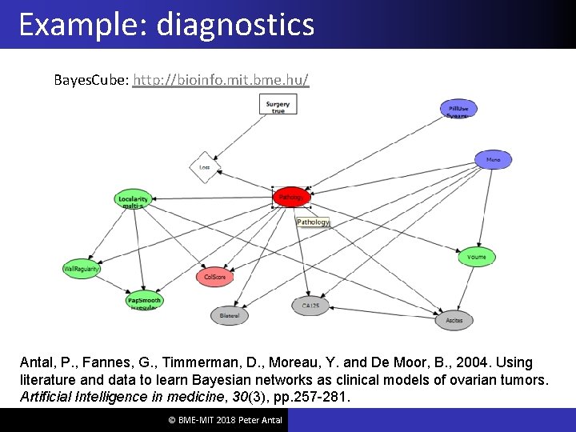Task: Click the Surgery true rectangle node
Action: (x=278, y=105)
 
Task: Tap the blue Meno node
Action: (x=493, y=159)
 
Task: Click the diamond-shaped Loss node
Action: (x=205, y=168)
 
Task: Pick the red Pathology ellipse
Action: (x=290, y=196)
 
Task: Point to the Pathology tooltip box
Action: (x=313, y=222)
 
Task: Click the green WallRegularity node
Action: (x=82, y=270)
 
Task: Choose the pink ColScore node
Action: (x=215, y=277)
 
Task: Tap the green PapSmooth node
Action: (x=144, y=301)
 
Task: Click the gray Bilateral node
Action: (x=230, y=316)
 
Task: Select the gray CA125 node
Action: (x=310, y=306)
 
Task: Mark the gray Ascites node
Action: (x=454, y=320)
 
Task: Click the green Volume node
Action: (x=477, y=257)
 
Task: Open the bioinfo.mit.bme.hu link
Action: (x=221, y=81)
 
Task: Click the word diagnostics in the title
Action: (x=235, y=24)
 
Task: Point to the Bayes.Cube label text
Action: (x=90, y=81)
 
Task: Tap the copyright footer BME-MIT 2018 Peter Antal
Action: (x=214, y=420)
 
